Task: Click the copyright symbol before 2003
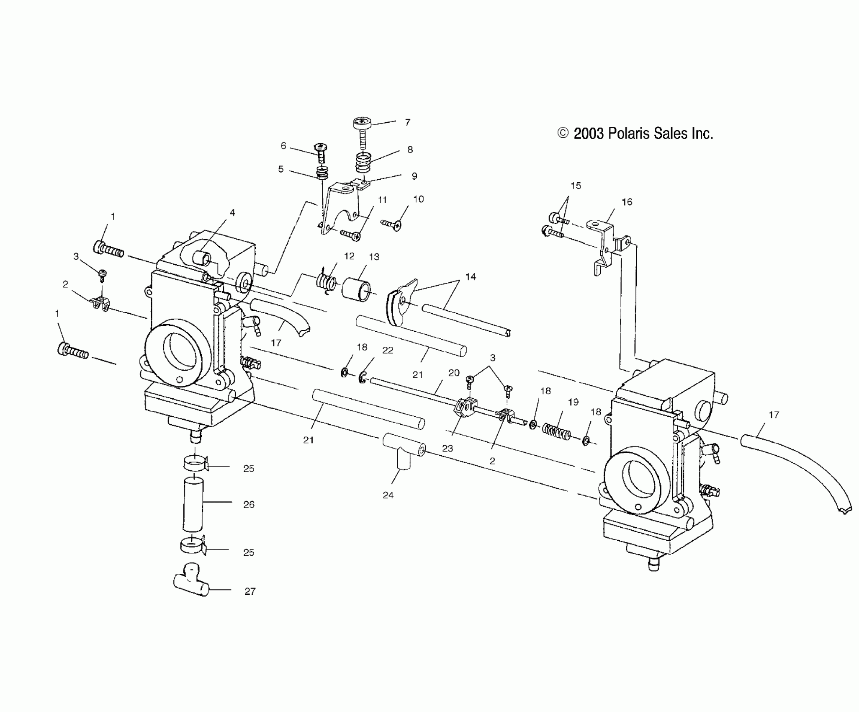pos(563,133)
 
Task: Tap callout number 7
pos(407,122)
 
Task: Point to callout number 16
pos(627,202)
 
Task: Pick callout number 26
pos(249,505)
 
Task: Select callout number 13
pos(374,257)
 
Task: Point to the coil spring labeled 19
pos(557,431)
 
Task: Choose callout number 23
pos(448,448)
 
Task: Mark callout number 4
pos(232,212)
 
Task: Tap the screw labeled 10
pos(392,225)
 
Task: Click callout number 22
pos(388,350)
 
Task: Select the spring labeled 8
pos(363,163)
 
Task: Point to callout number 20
pos(454,373)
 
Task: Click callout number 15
pos(576,186)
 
